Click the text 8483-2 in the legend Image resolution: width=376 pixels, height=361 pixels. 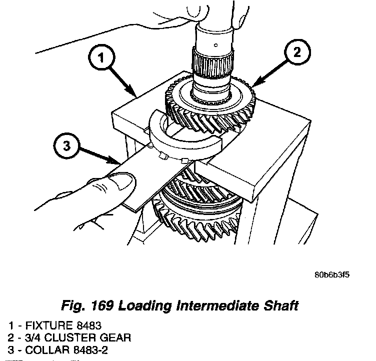[x=80, y=349]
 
